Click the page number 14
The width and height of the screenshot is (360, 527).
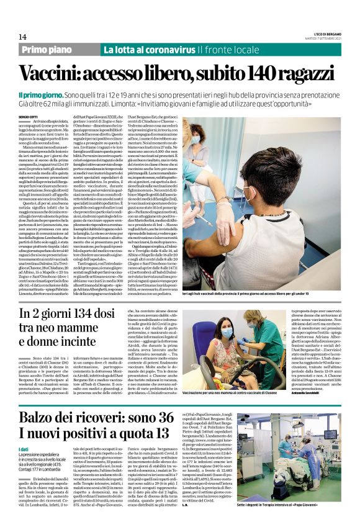(23, 37)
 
